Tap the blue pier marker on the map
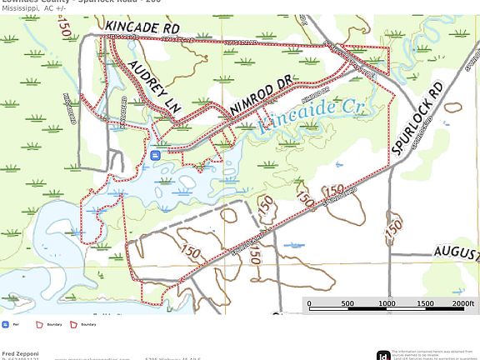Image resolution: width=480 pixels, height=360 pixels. pos(156,154)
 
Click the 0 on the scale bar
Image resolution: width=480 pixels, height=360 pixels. pos(309,304)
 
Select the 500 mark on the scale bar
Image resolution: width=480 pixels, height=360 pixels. pos(347,304)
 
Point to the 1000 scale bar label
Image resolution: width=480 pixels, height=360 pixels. pos(387,304)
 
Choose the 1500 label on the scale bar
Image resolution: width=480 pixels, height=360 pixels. pos(425,304)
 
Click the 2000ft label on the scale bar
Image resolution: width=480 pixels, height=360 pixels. pos(462,304)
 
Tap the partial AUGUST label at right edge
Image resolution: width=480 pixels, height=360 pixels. pos(457,252)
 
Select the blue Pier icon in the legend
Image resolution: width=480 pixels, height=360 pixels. pos(6,324)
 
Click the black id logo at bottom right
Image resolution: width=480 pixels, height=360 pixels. pos(382,355)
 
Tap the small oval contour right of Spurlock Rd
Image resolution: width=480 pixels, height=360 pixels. pos(452,107)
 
